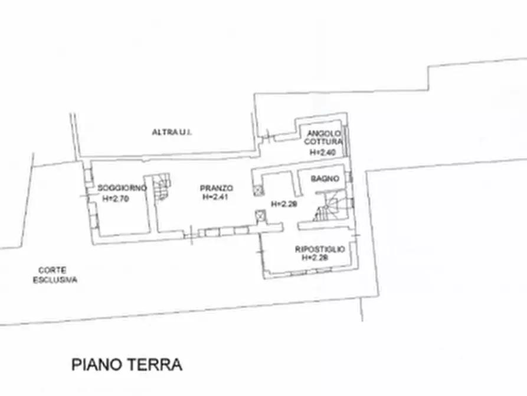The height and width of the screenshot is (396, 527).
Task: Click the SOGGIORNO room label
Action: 122,188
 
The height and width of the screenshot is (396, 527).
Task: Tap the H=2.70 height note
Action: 115,199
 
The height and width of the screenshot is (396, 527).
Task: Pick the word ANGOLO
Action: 323,134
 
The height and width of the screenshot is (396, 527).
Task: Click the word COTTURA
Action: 323,142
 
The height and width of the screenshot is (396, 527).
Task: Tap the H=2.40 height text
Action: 323,152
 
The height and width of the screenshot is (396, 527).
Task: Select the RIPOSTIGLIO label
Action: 319,250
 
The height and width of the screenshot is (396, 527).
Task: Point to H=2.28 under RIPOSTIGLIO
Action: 315,258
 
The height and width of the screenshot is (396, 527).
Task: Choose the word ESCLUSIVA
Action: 55,280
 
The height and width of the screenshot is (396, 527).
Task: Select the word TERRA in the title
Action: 154,364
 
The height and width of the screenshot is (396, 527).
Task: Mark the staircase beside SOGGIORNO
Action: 161,187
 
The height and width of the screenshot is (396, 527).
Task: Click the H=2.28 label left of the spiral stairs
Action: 283,204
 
